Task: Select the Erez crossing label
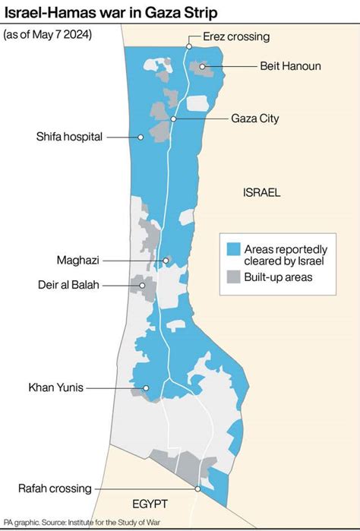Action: (x=236, y=36)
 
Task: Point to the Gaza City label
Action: (x=254, y=119)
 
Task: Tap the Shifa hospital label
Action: (x=68, y=137)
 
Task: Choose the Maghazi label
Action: (x=77, y=260)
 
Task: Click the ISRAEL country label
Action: (x=262, y=193)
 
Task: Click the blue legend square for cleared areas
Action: (x=233, y=249)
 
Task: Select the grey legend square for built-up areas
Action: (x=233, y=277)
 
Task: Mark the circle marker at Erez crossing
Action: (x=188, y=47)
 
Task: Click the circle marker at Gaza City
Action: (x=174, y=119)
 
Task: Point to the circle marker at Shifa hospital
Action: (x=141, y=137)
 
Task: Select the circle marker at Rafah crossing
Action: (x=197, y=489)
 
